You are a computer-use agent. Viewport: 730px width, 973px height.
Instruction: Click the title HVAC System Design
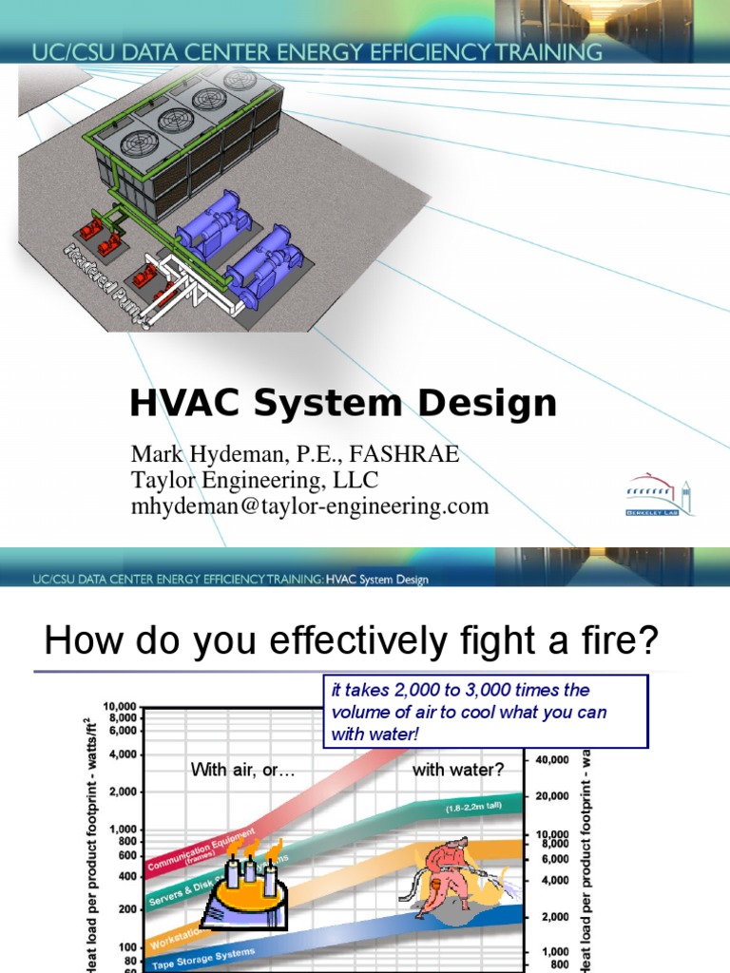343,404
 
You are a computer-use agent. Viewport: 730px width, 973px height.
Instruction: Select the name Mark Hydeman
200,455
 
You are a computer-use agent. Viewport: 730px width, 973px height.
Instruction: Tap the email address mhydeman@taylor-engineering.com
310,506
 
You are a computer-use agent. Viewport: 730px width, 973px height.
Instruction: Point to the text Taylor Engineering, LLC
255,481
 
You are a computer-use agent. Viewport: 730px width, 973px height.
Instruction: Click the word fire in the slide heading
626,641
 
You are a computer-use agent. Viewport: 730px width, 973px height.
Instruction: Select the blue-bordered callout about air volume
485,712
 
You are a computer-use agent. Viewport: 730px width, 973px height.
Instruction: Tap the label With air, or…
243,770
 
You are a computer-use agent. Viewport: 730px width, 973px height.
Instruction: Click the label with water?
458,770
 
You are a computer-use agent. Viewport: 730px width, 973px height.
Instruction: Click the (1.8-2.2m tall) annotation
474,808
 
